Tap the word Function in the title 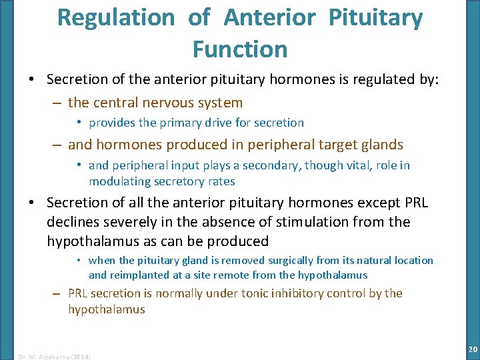[240, 49]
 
